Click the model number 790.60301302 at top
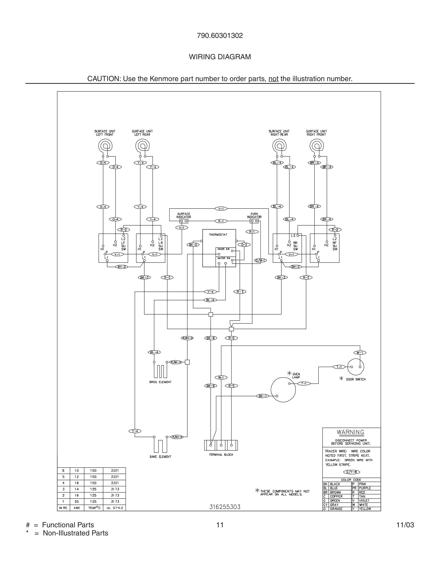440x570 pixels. click(220, 36)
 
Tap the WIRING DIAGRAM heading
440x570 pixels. click(220, 57)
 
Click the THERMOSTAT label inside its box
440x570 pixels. click(218, 235)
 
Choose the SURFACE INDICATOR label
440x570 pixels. click(184, 215)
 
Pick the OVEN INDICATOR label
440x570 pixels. click(254, 215)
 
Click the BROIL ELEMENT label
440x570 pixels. click(160, 382)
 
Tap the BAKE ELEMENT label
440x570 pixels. click(160, 457)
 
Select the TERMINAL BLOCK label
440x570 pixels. click(221, 455)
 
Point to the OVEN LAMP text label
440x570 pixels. click(296, 376)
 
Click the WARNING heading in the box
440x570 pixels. click(350, 432)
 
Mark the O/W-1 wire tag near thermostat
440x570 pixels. click(261, 261)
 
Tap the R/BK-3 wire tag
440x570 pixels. click(187, 338)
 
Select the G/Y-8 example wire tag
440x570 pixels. click(351, 472)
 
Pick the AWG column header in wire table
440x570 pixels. click(77, 508)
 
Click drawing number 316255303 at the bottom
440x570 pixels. click(225, 507)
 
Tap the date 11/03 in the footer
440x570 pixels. click(405, 525)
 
